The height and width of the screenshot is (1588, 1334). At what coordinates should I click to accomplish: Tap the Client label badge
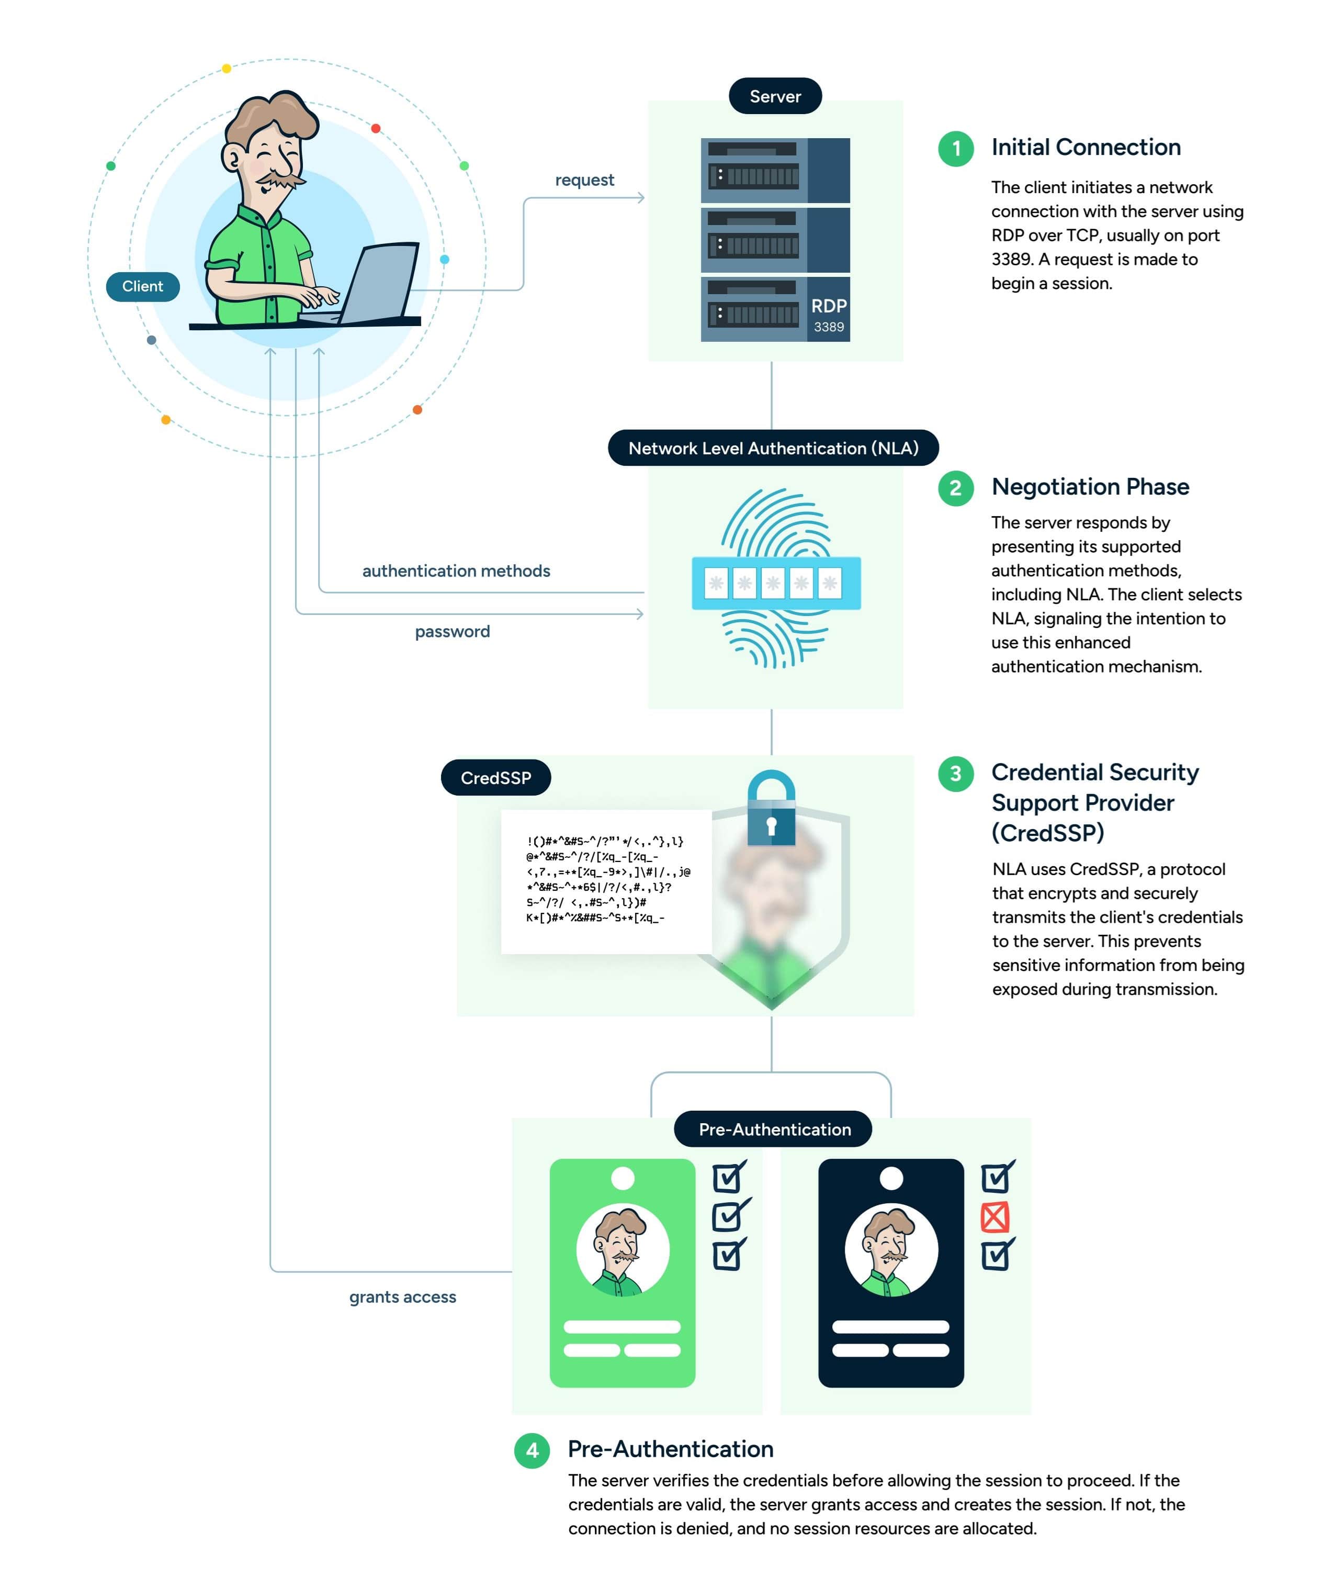[142, 286]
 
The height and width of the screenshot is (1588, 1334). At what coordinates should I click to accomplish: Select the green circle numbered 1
[955, 148]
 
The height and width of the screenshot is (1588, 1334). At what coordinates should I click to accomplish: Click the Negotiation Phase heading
[1090, 486]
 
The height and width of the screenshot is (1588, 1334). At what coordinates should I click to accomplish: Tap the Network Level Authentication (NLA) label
[773, 448]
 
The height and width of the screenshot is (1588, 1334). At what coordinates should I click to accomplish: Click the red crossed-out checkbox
[994, 1217]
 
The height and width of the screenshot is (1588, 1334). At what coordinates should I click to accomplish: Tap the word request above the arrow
[584, 180]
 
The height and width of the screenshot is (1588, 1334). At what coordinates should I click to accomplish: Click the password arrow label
[452, 631]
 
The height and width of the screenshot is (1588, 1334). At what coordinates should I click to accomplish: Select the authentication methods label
[456, 571]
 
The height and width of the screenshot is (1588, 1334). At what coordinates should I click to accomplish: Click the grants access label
[402, 1297]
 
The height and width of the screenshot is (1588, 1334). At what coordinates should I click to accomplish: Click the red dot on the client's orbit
[376, 129]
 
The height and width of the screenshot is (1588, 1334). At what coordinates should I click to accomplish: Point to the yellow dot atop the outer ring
[226, 69]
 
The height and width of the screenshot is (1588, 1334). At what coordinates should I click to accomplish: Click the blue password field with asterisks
[776, 583]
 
